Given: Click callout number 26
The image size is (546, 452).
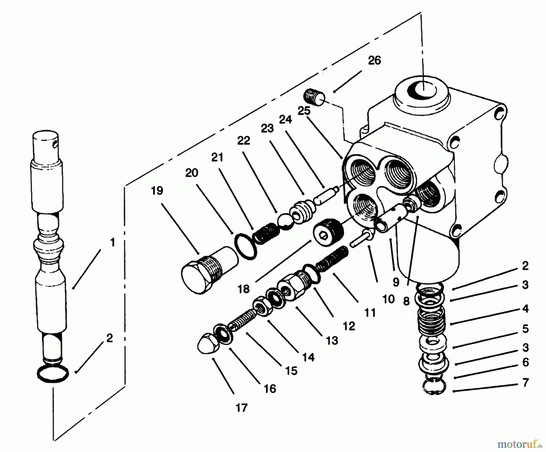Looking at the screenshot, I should coord(374,60).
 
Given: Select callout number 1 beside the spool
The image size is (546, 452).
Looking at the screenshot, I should coord(112,243).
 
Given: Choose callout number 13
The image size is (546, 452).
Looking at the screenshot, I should coord(332,341).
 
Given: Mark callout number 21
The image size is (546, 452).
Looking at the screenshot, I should coord(217,157).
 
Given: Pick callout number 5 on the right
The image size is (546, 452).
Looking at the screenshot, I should coord(525,329).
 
